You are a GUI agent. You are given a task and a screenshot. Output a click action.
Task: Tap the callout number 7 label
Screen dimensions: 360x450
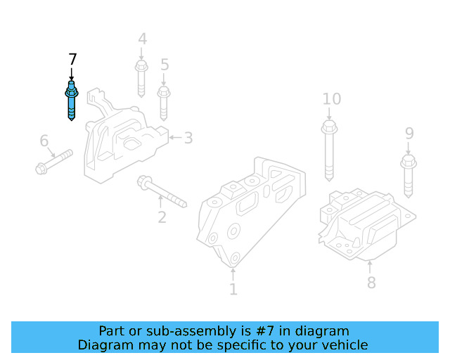click(x=72, y=59)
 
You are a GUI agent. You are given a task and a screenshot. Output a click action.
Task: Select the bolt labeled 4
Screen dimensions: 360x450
click(x=141, y=80)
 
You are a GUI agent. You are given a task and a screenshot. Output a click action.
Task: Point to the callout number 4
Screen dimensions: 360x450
click(x=142, y=39)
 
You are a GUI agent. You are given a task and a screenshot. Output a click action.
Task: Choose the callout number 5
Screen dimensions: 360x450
click(x=165, y=65)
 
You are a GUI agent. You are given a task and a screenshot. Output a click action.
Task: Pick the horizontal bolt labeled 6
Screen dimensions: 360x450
click(x=54, y=162)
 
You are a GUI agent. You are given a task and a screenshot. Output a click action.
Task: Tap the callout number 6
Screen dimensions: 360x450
click(x=44, y=141)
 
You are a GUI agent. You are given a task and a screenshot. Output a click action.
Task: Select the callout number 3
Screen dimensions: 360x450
click(x=188, y=137)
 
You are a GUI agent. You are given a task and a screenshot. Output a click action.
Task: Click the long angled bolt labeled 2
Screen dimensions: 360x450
click(x=162, y=193)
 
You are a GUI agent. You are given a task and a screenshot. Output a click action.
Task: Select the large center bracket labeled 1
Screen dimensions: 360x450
click(x=250, y=211)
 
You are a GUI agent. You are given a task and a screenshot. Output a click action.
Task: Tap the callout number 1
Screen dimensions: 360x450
click(x=233, y=288)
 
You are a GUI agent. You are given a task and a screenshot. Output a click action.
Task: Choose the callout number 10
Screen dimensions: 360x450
click(x=331, y=98)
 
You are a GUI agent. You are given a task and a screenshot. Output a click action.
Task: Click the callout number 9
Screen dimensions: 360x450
click(x=409, y=133)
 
